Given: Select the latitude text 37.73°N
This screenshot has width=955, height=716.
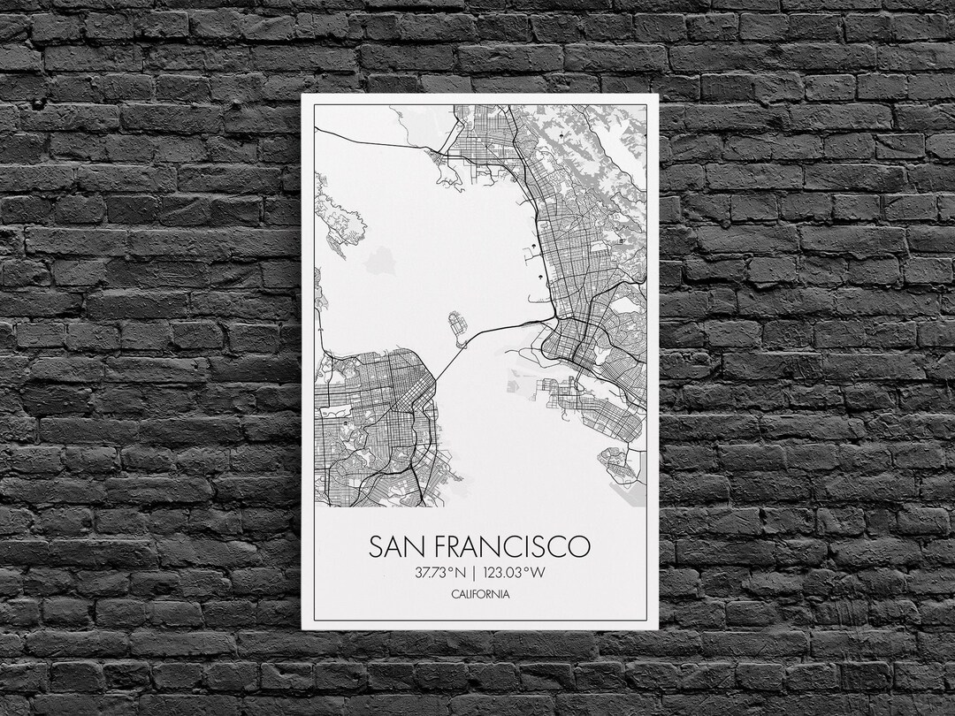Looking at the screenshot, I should point(439,572).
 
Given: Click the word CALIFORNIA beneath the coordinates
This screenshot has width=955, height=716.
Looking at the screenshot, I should point(479,594).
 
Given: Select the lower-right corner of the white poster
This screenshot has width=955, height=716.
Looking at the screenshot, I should point(658,628).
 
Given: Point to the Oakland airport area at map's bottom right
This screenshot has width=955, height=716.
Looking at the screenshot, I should point(623,468).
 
